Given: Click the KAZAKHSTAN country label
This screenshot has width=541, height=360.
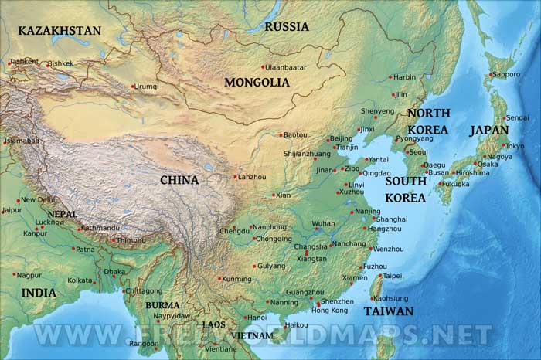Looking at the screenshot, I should (60, 31).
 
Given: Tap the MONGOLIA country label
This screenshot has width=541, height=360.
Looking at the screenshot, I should (257, 82).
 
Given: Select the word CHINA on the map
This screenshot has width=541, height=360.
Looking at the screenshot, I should (179, 180).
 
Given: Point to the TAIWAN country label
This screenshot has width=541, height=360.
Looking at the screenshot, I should (389, 311).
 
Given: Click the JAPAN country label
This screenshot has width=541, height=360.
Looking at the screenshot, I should (488, 131).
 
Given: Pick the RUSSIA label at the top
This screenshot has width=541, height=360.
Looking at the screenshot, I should (287, 27).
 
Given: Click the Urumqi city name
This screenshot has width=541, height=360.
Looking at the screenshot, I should (147, 87).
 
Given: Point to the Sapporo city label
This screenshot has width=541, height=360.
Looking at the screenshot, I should (506, 74).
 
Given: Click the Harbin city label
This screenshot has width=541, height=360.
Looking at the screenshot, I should (404, 77).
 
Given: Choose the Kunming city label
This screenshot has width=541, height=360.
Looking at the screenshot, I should (236, 278).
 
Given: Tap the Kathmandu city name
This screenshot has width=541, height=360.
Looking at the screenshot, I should (100, 228).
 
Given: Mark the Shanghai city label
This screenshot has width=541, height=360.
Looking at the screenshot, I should (390, 219).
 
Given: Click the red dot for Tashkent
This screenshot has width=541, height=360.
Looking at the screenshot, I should (9, 62).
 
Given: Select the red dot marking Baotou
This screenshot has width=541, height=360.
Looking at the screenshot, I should (281, 134).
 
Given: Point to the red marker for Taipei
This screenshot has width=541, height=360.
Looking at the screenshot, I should (379, 276).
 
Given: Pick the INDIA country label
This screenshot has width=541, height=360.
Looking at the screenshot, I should (39, 293).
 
